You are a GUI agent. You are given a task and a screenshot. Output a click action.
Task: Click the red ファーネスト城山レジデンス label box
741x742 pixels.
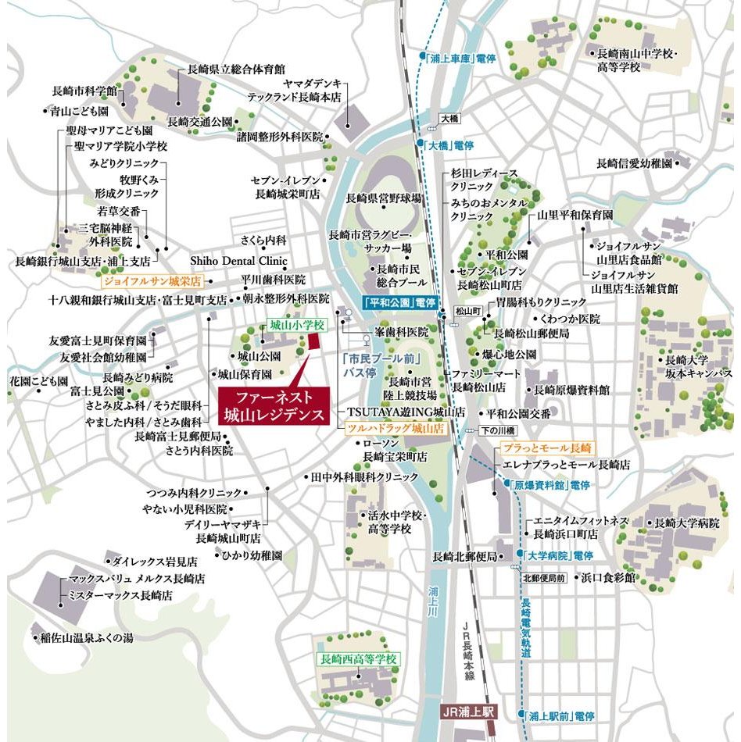(x=274, y=406)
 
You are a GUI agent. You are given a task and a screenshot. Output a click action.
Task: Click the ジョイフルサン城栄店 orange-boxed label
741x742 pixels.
(x=152, y=280)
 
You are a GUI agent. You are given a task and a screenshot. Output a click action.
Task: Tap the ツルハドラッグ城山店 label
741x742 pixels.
(x=396, y=429)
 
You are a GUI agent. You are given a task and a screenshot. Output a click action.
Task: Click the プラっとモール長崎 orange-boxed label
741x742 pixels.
(x=546, y=448)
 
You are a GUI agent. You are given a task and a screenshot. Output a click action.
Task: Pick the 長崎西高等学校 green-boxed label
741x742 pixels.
(x=359, y=659)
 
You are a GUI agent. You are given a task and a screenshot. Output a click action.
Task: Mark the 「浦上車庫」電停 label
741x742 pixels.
(x=463, y=58)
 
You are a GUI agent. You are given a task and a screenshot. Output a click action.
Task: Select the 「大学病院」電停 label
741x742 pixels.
(x=560, y=555)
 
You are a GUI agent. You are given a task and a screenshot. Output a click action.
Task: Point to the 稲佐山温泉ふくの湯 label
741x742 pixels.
(x=87, y=637)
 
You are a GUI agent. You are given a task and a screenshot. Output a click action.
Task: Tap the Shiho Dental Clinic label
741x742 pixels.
(x=239, y=261)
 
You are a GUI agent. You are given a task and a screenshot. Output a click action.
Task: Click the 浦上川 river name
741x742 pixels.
(x=435, y=603)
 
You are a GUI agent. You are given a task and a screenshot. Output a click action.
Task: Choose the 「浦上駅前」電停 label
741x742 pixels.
(x=560, y=715)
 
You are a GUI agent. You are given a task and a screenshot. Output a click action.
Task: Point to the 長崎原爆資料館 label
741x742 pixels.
(x=571, y=389)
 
